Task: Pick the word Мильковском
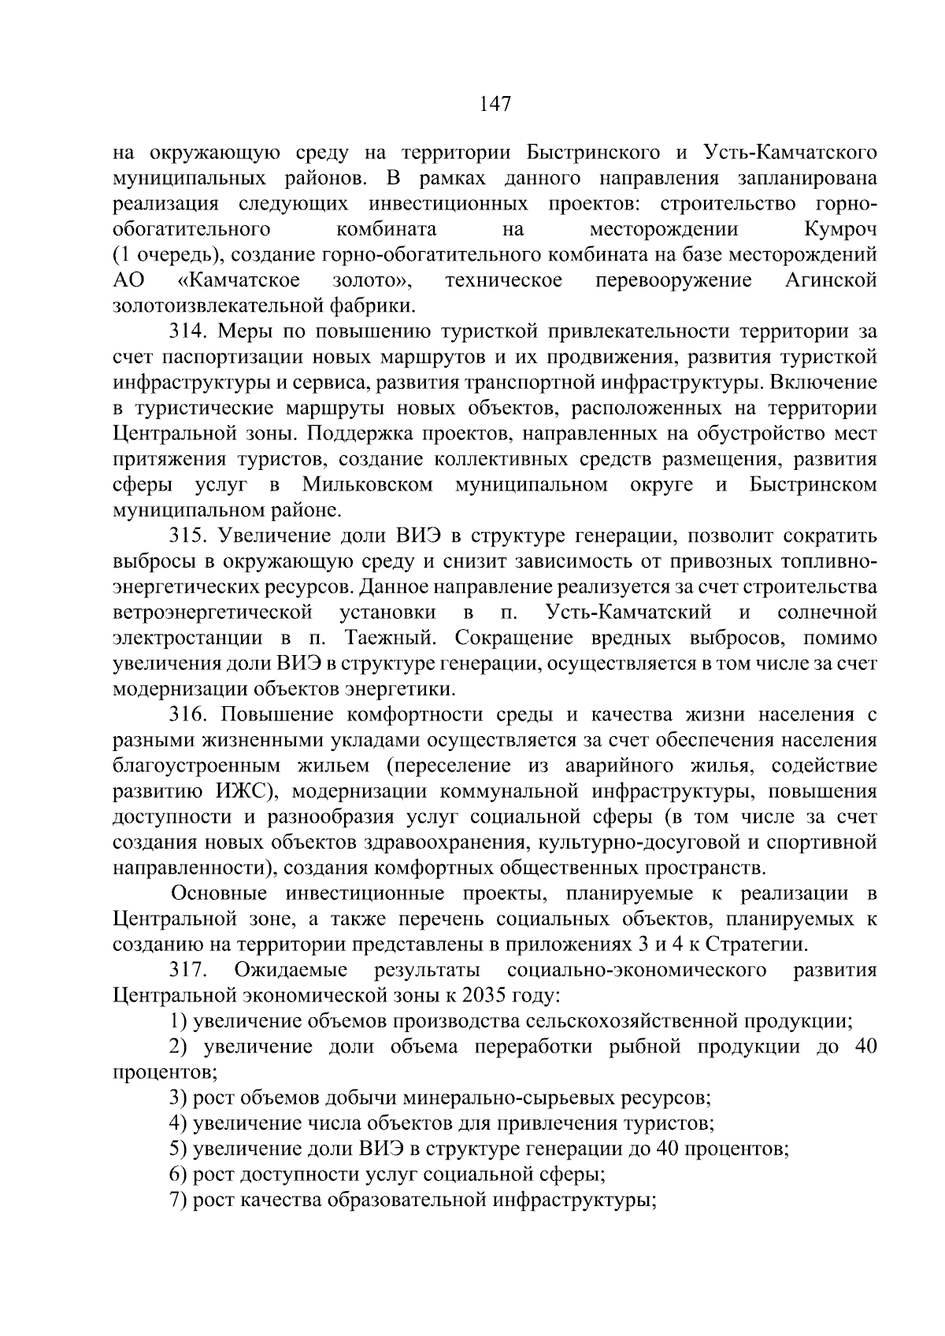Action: [367, 485]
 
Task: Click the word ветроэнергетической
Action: [213, 612]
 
